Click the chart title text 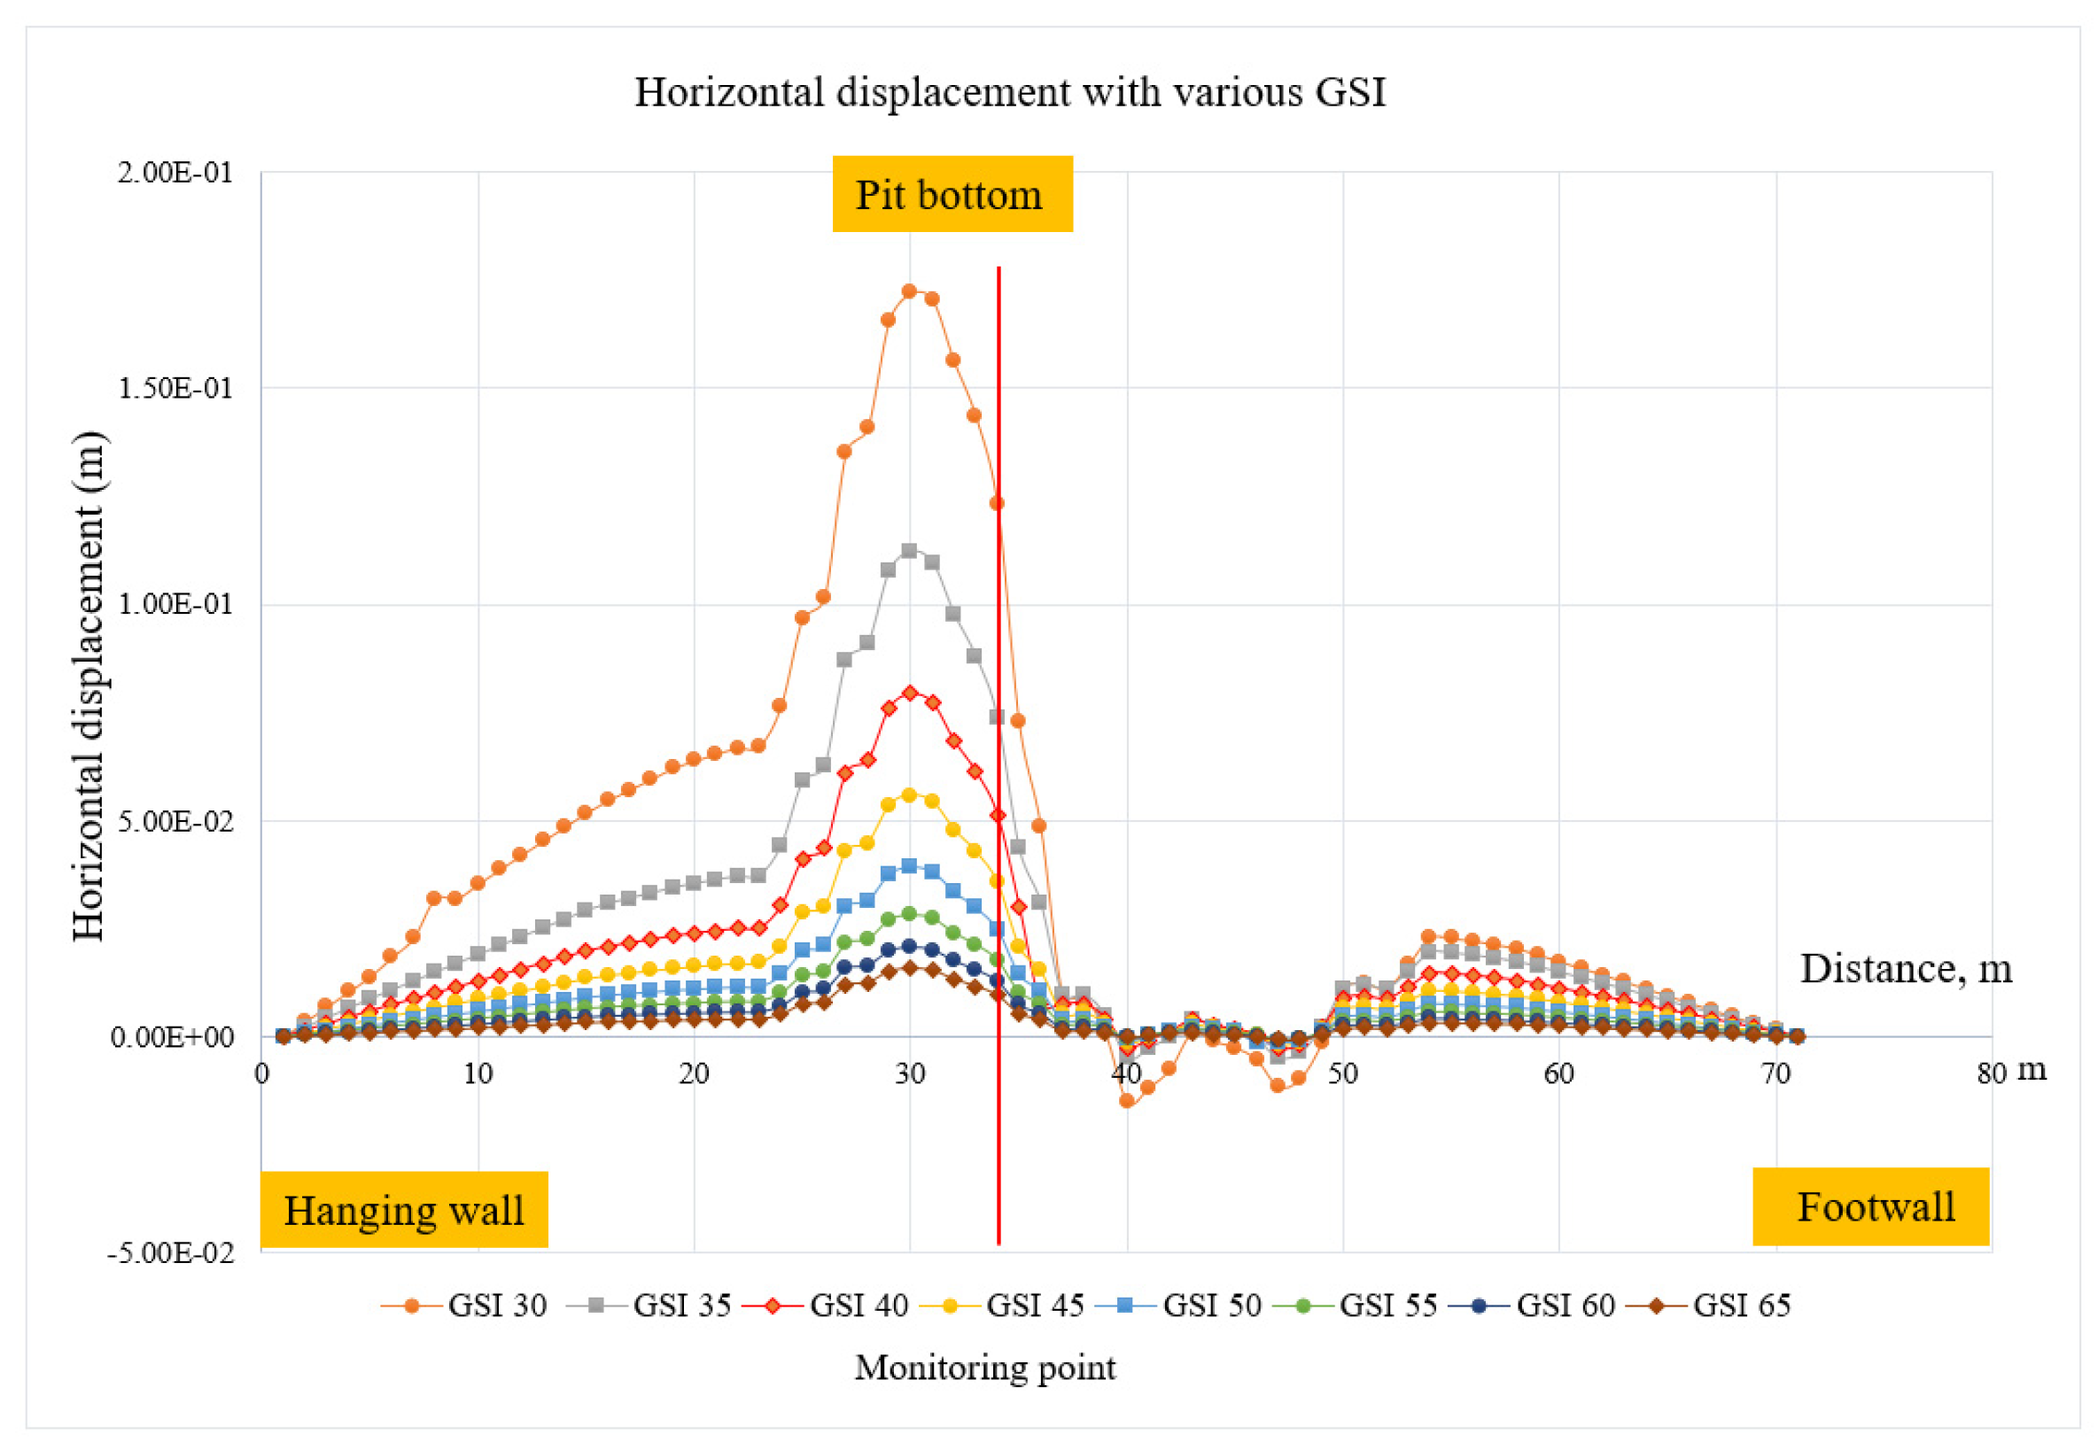(x=1009, y=93)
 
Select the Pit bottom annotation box (x=952, y=194)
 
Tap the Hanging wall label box (x=404, y=1209)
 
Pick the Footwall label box (x=1870, y=1205)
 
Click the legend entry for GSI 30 (x=464, y=1306)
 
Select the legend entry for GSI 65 (x=1708, y=1306)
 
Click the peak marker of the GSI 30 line (x=909, y=291)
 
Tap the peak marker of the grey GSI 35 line (x=909, y=550)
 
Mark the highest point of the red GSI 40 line (x=909, y=693)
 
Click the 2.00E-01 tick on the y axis (x=175, y=172)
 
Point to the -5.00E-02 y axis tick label (x=171, y=1253)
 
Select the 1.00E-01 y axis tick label (x=175, y=604)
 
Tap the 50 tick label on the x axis (x=1342, y=1073)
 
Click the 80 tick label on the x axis (x=1991, y=1073)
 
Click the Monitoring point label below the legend (x=984, y=1368)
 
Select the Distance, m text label (x=1906, y=969)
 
